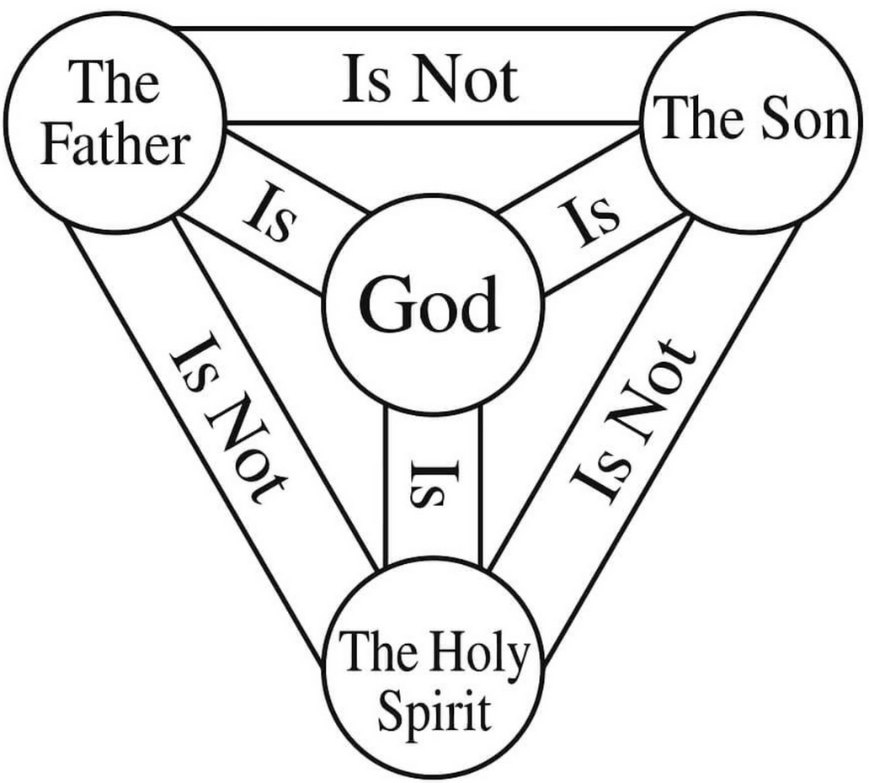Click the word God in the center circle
pyautogui.click(x=429, y=304)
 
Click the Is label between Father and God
pyautogui.click(x=270, y=213)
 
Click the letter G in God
pyautogui.click(x=383, y=305)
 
